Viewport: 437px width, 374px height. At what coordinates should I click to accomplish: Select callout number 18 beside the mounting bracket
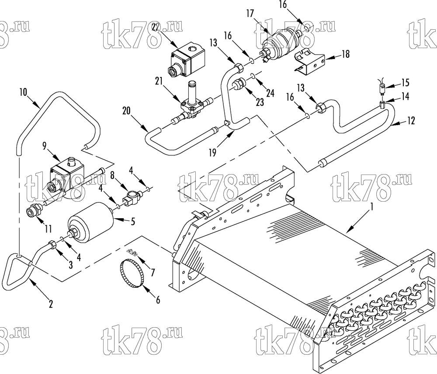346,54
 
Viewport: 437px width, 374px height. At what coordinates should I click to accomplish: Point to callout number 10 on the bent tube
24,92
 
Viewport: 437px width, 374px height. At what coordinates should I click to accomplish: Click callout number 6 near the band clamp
158,300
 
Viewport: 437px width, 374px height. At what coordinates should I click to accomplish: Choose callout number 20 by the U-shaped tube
127,111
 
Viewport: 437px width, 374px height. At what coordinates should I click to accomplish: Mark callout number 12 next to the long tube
410,120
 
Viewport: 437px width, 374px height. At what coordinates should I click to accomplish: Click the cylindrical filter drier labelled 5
91,220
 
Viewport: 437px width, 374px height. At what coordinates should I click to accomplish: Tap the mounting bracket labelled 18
310,61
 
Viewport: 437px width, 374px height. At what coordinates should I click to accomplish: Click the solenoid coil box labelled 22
186,59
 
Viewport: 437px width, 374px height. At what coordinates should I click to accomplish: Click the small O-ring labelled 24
253,76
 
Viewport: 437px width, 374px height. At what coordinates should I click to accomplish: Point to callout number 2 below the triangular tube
50,304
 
